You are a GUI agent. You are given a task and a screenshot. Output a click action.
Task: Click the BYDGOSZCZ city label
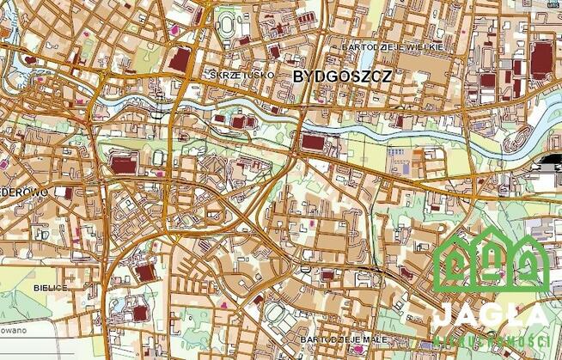[x=343, y=76]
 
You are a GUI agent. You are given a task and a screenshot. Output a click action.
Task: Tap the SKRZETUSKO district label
[x=243, y=75]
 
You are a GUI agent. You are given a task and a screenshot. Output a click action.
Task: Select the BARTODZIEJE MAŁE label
[x=341, y=341]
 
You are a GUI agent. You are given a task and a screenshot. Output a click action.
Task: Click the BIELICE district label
[x=49, y=286]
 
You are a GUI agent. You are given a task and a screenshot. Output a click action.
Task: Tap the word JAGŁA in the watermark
[x=490, y=314]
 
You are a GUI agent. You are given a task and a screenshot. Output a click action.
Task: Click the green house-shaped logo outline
[x=491, y=258]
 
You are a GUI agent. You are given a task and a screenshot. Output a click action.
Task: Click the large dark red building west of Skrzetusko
[x=181, y=60]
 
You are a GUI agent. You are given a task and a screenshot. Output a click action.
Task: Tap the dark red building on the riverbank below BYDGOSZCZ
[x=315, y=141]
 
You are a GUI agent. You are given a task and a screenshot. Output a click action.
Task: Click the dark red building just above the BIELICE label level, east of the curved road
[x=145, y=272]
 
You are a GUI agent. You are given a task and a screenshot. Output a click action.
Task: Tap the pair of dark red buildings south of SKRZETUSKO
[x=245, y=121]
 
